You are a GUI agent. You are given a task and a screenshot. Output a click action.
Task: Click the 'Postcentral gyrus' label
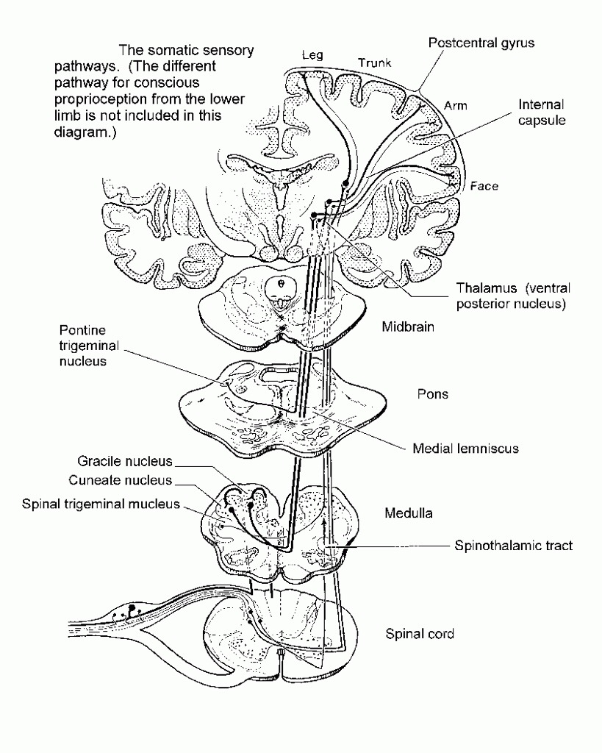coord(481,43)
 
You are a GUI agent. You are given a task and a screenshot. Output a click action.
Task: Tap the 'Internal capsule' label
coord(542,112)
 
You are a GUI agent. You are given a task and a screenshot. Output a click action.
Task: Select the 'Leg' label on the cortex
coord(312,55)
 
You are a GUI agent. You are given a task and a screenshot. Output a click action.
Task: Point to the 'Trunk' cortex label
coord(375,63)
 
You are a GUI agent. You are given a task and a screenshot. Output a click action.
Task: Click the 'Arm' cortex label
coord(455,105)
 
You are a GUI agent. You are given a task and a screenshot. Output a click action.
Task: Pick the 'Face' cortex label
coord(484,186)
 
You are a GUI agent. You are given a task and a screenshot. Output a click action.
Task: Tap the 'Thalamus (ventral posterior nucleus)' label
coord(512,294)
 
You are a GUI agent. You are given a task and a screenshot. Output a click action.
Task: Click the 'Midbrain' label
coord(407,326)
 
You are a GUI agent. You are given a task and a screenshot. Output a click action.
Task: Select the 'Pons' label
coord(433,394)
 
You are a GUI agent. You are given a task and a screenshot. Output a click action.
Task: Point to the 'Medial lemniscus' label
coord(465,448)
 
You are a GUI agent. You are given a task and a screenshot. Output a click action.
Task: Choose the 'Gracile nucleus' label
coord(125,462)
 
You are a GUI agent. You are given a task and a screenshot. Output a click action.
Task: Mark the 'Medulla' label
coord(407,513)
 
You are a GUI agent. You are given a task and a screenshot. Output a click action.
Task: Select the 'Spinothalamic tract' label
coord(513,545)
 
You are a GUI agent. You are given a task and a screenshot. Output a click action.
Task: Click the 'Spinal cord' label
coord(420,633)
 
